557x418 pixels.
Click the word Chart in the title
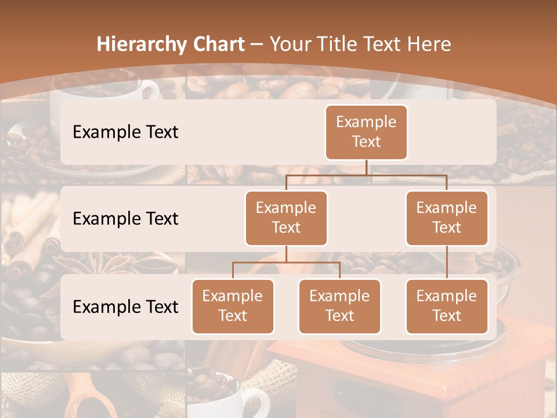[216, 45]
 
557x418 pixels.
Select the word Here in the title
[428, 45]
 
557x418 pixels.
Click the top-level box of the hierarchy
[366, 132]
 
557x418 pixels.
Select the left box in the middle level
[286, 218]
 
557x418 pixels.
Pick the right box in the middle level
[447, 218]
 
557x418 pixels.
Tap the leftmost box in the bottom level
[233, 306]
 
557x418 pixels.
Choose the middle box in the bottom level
[339, 306]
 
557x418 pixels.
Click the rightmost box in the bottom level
[447, 306]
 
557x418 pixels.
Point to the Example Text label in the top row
[125, 132]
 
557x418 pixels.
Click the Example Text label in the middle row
[125, 218]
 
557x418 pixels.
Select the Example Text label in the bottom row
[125, 307]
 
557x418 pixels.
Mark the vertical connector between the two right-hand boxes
[447, 262]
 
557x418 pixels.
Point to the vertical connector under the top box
[366, 167]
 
